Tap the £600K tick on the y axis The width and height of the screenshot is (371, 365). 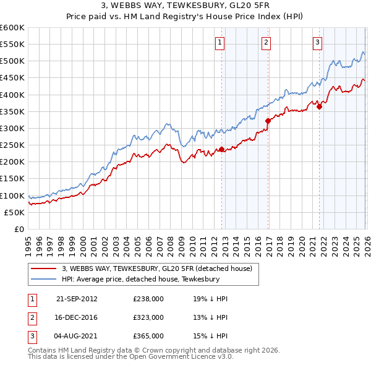12,28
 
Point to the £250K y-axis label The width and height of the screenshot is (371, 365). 12,145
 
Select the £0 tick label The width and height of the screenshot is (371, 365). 20,229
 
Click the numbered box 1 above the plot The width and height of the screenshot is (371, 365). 221,43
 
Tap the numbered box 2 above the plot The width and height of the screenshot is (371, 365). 266,43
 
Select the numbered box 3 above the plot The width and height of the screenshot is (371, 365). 317,43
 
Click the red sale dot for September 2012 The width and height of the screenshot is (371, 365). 221,149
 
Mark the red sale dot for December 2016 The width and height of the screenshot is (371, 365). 268,121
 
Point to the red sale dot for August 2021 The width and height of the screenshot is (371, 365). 319,106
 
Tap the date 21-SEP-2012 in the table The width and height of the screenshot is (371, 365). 77,299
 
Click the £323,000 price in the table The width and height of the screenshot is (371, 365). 148,317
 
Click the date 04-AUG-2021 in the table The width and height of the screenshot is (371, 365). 77,336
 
